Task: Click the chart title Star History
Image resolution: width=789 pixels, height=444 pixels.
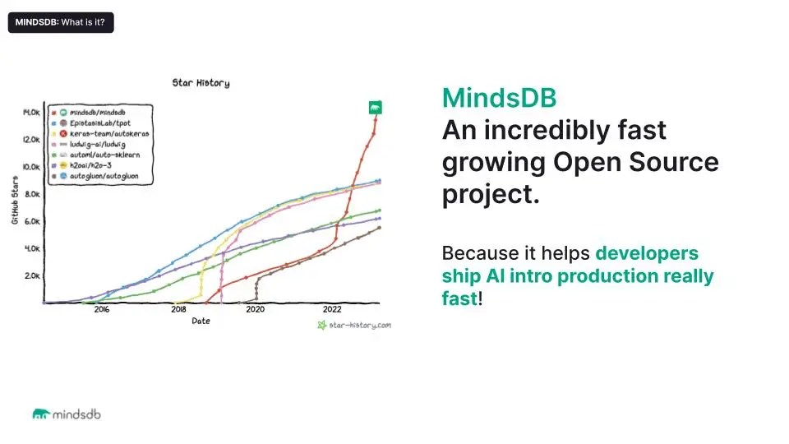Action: click(x=201, y=83)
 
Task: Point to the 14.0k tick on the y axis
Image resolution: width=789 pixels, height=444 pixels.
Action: click(x=31, y=112)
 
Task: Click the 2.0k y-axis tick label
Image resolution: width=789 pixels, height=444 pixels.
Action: click(x=32, y=275)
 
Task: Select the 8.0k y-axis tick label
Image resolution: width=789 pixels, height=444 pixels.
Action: click(x=32, y=194)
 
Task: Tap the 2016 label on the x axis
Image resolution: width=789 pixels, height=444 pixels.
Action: click(x=102, y=310)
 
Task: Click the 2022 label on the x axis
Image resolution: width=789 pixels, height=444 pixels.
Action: click(x=332, y=310)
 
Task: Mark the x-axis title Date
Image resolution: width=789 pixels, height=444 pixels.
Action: click(x=201, y=321)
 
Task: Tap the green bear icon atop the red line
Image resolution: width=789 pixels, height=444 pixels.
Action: click(x=375, y=108)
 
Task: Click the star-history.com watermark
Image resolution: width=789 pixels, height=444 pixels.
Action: click(x=354, y=325)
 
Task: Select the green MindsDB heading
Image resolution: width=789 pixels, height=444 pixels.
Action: click(x=499, y=99)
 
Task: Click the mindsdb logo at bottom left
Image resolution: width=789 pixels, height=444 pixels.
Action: click(x=67, y=414)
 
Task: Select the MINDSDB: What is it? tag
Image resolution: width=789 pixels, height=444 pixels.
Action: click(x=61, y=22)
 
